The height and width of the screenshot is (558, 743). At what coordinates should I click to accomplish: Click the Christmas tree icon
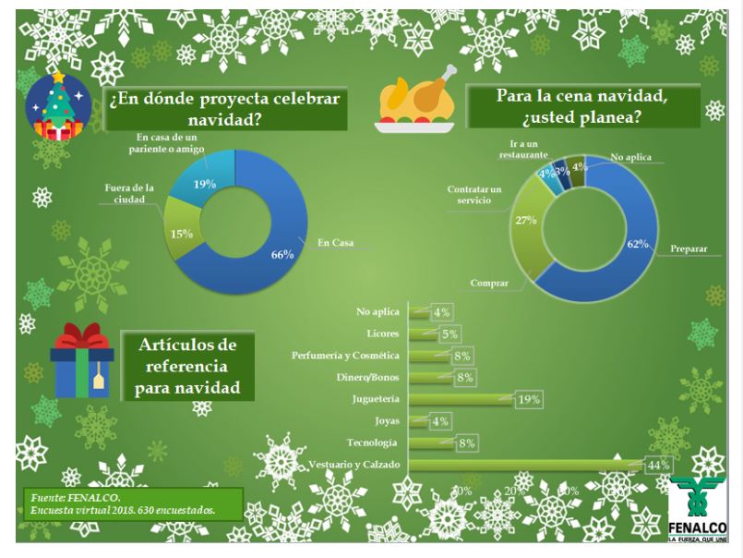coord(57,106)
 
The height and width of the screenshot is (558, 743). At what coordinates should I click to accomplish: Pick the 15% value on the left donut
coord(181,234)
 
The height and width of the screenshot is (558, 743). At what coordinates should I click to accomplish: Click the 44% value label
coord(658,465)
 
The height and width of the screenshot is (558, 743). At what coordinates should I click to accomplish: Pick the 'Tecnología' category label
coord(372,443)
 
